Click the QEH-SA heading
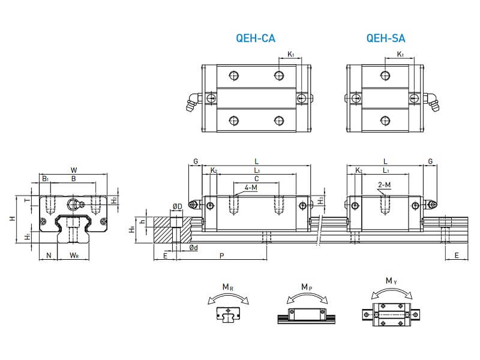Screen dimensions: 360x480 coord(385,39)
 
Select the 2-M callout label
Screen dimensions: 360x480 coord(385,185)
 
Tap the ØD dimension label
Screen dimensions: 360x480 coord(177,206)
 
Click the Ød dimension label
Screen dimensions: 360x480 coord(194,248)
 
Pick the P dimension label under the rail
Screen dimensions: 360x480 coord(221,256)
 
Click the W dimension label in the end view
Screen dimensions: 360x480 coord(73,169)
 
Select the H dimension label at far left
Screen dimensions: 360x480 coord(11,219)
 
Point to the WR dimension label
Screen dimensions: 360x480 coord(74,256)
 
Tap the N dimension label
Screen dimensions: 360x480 coord(49,256)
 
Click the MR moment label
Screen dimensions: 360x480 coord(229,287)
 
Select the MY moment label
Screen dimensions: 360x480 coord(391,281)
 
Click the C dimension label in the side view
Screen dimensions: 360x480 coord(256,179)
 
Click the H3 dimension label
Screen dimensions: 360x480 coord(321,201)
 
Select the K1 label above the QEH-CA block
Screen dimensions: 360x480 coord(291,55)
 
